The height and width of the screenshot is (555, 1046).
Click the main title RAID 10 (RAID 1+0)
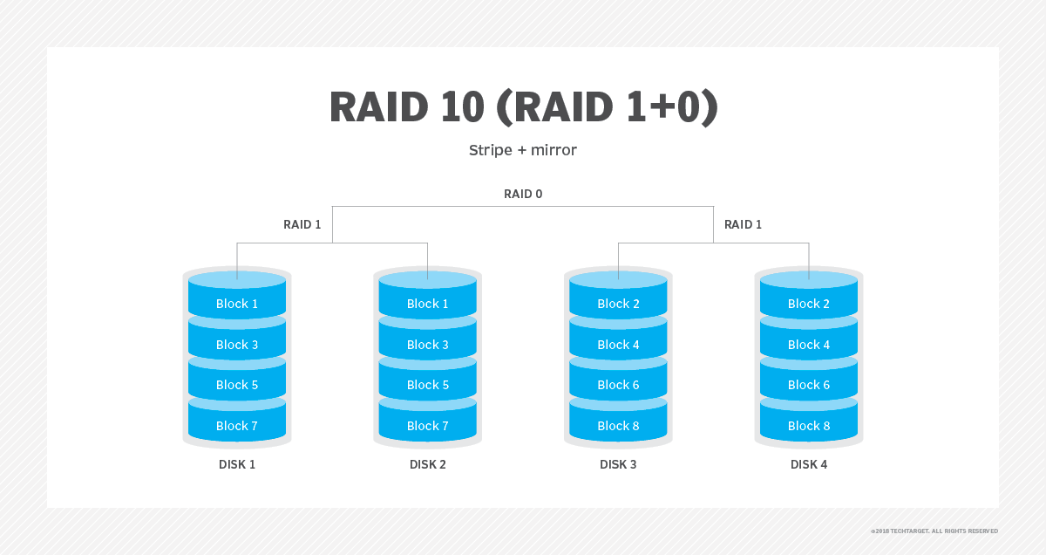point(524,107)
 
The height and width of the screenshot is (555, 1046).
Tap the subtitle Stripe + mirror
point(523,150)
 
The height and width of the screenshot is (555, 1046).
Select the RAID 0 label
point(523,194)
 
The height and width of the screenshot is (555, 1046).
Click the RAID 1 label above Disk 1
point(302,225)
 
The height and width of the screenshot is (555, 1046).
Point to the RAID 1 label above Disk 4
point(743,225)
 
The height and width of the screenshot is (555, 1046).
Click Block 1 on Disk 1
point(237,304)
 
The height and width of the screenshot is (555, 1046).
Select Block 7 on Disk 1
point(237,426)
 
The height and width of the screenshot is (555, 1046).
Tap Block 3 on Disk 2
point(428,345)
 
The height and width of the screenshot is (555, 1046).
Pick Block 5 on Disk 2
point(428,385)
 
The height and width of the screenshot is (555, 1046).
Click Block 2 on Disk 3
point(618,304)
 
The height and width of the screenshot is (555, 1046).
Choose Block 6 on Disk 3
point(618,385)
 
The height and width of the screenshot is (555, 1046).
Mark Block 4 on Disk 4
point(809,345)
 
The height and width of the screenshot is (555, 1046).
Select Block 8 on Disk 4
point(809,426)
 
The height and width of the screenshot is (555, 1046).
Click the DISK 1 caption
point(237,464)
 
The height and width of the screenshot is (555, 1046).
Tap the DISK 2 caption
point(428,464)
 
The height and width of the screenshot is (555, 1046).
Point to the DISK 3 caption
point(618,464)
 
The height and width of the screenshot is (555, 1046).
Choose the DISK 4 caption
point(809,464)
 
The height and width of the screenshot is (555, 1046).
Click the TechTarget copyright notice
point(934,531)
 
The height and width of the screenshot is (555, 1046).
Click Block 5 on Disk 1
point(237,385)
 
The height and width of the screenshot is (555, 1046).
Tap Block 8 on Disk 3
point(618,426)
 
